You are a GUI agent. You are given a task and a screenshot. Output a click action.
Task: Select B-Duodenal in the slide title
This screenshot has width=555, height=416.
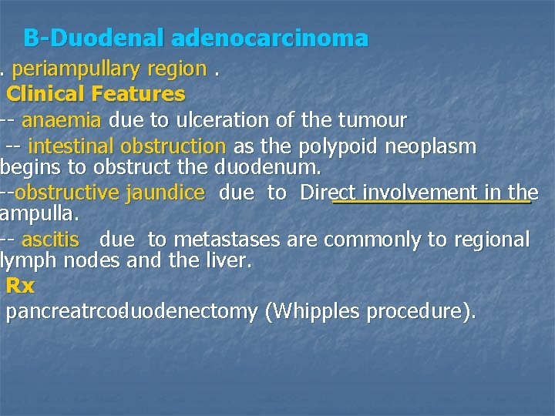click(x=96, y=37)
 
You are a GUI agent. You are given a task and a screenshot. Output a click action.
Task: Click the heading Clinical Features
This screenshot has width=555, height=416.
click(x=96, y=94)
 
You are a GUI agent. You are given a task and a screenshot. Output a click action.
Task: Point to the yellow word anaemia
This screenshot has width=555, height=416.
click(x=62, y=120)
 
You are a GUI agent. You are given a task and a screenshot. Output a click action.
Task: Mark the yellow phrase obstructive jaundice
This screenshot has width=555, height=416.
click(x=109, y=193)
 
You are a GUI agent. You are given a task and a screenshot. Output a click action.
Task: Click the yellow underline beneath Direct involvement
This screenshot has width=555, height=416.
click(x=432, y=203)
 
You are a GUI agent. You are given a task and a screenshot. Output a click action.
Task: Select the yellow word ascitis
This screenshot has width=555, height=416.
click(x=50, y=240)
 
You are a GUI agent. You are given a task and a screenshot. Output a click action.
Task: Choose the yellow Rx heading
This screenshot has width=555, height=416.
click(x=21, y=286)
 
